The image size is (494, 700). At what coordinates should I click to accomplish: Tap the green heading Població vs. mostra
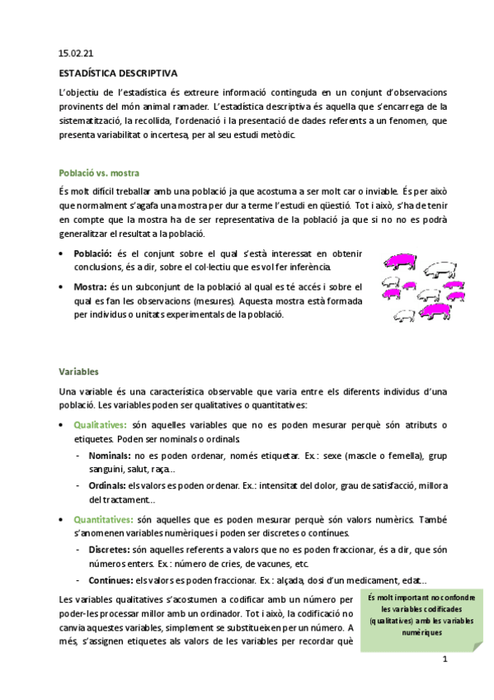[98, 173]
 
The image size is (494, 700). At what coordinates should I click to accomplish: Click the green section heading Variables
[79, 371]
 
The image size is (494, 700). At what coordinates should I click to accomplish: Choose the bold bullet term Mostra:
[91, 286]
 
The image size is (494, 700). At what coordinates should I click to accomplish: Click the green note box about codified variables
[405, 615]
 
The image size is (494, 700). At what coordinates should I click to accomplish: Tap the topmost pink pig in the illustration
[402, 261]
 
